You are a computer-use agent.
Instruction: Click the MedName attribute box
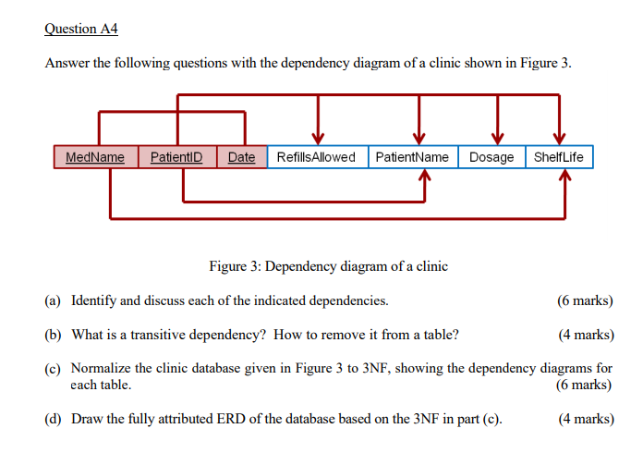click(95, 157)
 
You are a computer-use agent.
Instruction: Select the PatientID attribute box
click(176, 157)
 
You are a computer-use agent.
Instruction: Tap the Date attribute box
click(241, 157)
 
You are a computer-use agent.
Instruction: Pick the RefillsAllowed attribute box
click(317, 157)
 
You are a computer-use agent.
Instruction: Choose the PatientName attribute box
click(412, 157)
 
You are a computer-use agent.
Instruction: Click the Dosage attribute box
click(491, 157)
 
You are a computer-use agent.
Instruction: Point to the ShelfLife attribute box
click(559, 157)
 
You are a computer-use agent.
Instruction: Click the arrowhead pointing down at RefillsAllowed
click(319, 138)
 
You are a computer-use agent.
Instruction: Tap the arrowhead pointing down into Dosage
click(499, 138)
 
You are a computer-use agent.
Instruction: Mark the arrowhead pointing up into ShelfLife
click(565, 178)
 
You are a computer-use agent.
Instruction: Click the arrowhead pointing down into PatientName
click(420, 138)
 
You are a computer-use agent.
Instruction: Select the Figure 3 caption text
click(328, 266)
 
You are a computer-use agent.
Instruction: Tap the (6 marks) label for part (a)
click(585, 300)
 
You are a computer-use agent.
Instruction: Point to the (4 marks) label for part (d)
click(585, 419)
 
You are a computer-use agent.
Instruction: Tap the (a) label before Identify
click(52, 300)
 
